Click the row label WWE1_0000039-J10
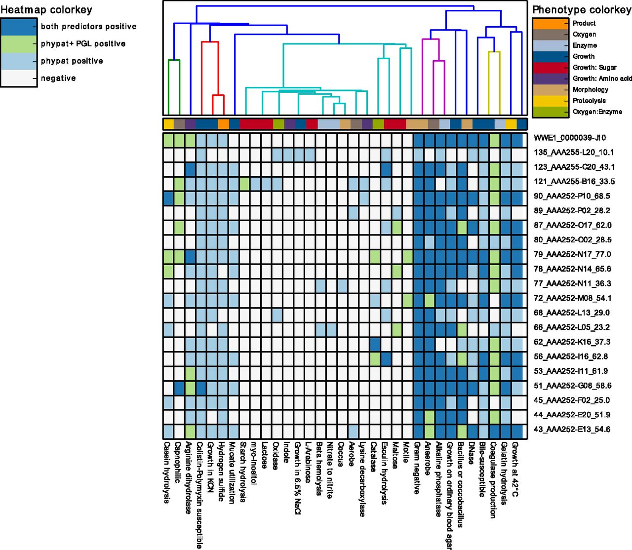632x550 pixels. (x=570, y=138)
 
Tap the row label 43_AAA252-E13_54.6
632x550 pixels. (x=572, y=429)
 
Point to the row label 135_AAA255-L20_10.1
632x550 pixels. (x=574, y=152)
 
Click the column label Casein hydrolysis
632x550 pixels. (x=167, y=472)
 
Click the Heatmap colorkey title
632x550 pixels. (x=46, y=10)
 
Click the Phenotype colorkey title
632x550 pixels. (x=582, y=10)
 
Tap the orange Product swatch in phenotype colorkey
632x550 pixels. (x=550, y=24)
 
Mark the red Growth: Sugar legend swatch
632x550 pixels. (x=550, y=68)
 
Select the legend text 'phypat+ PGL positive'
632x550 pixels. (x=83, y=44)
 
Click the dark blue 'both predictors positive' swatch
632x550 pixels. (x=19, y=27)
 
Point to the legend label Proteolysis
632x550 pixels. (x=589, y=101)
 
